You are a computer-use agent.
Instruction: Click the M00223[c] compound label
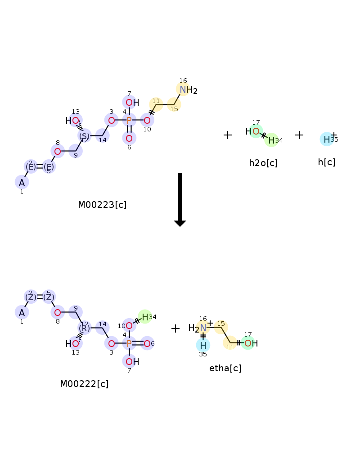point(102,205)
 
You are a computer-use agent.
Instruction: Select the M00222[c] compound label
point(84,384)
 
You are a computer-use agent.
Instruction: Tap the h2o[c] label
point(263,163)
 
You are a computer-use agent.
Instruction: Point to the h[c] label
point(326,162)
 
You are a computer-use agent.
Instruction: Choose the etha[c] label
point(225,368)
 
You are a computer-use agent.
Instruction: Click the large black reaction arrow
point(180,200)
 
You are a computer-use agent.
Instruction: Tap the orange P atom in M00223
point(129,120)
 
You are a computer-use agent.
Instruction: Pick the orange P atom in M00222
point(129,343)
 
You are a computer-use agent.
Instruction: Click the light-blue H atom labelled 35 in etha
point(203,345)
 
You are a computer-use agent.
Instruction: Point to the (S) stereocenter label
point(84,136)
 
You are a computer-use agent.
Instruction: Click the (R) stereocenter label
point(84,328)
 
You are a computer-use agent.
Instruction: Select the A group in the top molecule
point(22,183)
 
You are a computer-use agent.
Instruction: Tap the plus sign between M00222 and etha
point(175,328)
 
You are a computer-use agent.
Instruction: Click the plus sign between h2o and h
point(299,135)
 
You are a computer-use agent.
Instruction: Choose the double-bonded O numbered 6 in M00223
point(129,138)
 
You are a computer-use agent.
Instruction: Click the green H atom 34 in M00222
point(145,317)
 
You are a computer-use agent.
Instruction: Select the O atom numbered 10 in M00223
point(147,120)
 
